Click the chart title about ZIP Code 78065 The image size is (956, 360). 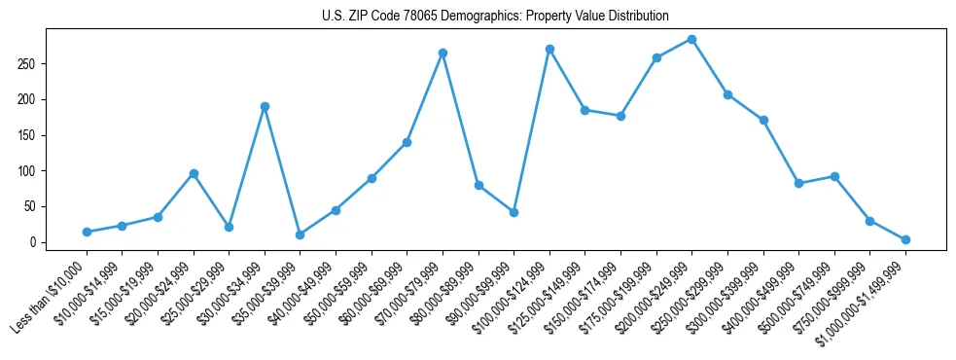coord(495,16)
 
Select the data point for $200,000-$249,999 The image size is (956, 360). coord(691,39)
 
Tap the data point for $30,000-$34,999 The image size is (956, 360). coord(265,106)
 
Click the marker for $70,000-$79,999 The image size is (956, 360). coord(443,53)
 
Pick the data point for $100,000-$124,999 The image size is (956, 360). coord(549,49)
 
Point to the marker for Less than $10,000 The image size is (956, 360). coord(87,232)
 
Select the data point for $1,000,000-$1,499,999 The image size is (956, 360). coord(905,239)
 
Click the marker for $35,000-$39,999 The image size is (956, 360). coord(300,234)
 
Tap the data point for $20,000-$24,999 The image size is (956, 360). coord(194,173)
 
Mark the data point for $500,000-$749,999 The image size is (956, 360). coord(834,176)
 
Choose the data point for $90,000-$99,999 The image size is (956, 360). coord(513,212)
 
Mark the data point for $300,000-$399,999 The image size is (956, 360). coord(763,121)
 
